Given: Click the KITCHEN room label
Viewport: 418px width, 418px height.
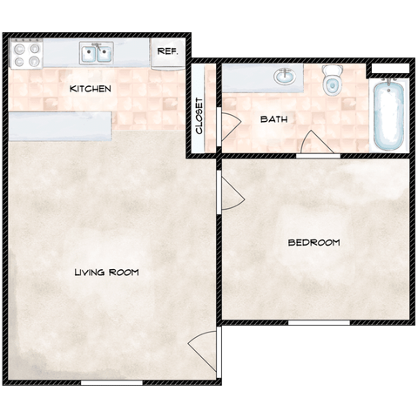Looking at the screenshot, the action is pos(91,89).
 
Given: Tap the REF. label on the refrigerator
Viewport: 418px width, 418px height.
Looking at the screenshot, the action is pos(167,51).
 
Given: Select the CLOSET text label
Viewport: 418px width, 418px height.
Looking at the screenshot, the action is pos(199,116).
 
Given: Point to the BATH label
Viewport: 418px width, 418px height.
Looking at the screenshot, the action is pos(273,119).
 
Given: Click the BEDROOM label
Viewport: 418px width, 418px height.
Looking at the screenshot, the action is pos(313,242).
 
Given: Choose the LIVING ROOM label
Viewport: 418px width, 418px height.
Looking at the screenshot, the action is pos(107,273).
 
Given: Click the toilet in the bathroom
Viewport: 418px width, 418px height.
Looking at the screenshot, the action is pos(332,80).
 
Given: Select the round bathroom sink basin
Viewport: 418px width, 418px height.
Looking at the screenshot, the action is pos(285,77).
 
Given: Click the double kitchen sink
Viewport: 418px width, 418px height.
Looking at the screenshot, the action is pos(97,53).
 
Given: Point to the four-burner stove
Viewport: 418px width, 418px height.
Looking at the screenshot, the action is pos(27,54).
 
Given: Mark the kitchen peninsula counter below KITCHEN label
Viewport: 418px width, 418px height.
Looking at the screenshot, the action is pos(60,126).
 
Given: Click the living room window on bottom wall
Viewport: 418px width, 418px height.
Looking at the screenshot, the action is pos(111,383).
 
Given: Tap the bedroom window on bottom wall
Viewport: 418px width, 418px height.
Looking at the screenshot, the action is pos(319,323).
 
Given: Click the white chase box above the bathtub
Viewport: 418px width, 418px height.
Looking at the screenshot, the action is pos(390,68).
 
